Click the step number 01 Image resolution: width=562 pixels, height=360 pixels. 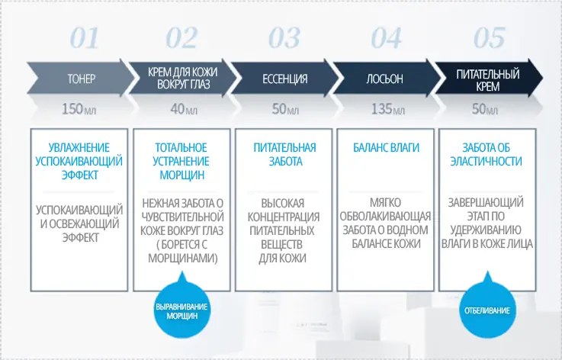pos(84,37)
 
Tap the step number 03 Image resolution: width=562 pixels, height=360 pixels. pos(285,37)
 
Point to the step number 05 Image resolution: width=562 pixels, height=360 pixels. pos(488,37)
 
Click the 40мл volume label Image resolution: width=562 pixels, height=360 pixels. pos(183,110)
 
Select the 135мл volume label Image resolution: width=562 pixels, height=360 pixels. pos(388,110)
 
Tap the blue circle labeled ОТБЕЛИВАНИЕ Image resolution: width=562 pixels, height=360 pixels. pos(487,311)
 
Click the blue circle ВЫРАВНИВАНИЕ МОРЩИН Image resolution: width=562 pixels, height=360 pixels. pos(181,311)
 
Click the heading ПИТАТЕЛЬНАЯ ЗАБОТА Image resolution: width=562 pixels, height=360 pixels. pos(284,154)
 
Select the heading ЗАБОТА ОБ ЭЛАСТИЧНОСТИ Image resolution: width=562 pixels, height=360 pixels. pos(487,154)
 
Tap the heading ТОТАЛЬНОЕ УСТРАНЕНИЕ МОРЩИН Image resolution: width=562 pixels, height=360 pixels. pos(181,161)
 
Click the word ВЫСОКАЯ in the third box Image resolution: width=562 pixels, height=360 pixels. pos(284,204)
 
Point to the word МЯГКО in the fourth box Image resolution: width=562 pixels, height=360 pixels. pos(386,204)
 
